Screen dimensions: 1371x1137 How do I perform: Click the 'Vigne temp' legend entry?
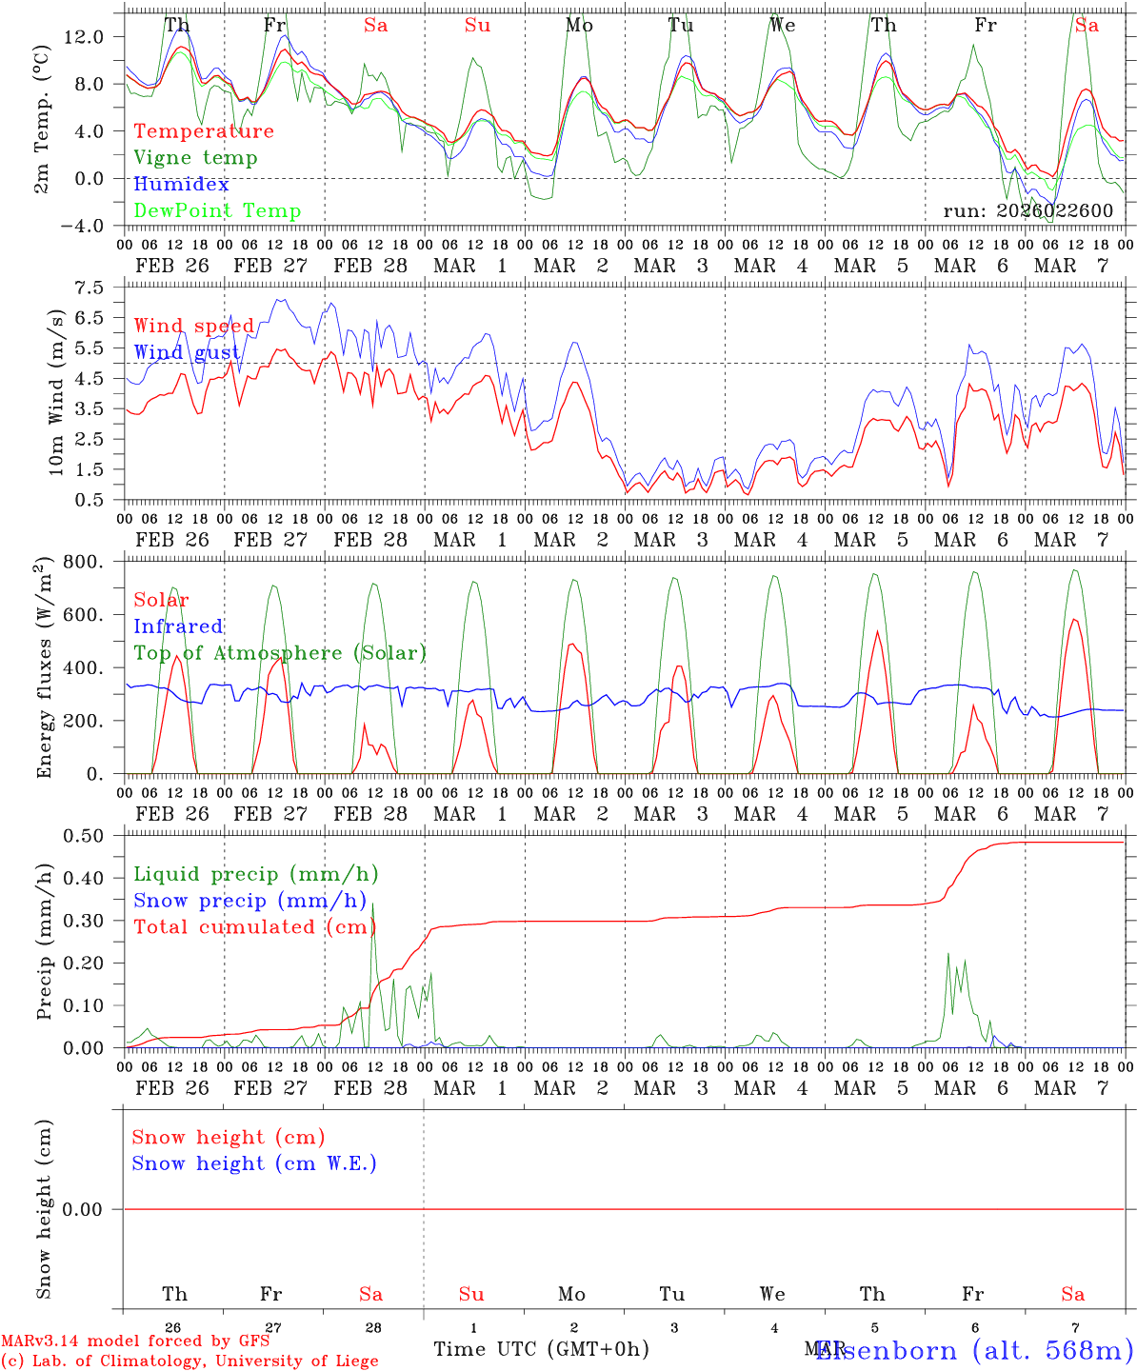click(195, 158)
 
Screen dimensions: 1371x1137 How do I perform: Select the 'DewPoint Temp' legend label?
click(217, 211)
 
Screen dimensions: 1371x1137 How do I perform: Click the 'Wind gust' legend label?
click(187, 352)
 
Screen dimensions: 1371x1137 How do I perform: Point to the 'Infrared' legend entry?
click(178, 626)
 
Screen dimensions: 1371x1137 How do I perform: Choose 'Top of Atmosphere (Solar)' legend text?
click(280, 653)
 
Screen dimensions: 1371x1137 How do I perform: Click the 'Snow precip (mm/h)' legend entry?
click(249, 901)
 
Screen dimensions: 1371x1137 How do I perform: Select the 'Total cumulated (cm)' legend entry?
click(252, 927)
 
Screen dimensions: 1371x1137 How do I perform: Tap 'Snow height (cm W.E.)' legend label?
click(254, 1163)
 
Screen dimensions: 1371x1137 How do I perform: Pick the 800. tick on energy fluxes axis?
click(84, 562)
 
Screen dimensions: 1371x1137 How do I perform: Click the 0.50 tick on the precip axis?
click(84, 836)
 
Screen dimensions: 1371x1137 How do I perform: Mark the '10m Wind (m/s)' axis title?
click(57, 391)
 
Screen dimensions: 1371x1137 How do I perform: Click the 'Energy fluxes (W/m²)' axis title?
click(44, 669)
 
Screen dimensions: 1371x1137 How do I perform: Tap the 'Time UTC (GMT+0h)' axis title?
click(541, 1349)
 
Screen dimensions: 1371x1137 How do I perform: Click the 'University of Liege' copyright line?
click(189, 1361)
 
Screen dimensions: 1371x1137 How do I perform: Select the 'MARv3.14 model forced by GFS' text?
click(135, 1341)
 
